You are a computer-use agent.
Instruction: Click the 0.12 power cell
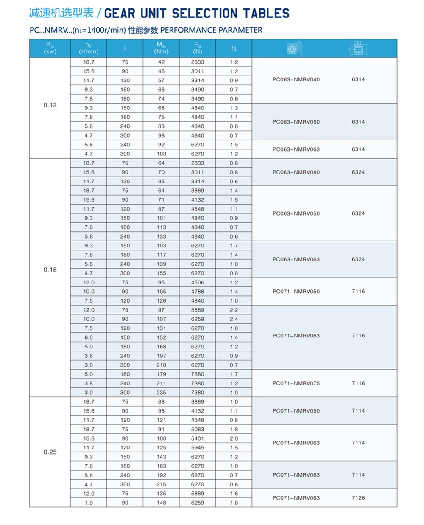[50, 105]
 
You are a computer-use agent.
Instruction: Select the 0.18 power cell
[50, 270]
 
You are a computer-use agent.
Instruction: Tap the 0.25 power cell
[50, 452]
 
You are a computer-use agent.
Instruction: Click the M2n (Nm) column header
[161, 48]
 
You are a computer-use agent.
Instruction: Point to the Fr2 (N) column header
[198, 48]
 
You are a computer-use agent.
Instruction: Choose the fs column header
[234, 48]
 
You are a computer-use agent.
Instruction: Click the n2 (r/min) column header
[89, 48]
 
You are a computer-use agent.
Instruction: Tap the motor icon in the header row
[358, 48]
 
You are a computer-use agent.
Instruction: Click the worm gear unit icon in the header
[294, 48]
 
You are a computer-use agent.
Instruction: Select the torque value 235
[161, 393]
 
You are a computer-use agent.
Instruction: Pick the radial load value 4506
[198, 282]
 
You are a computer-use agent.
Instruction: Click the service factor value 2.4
[234, 319]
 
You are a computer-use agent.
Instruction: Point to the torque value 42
[161, 62]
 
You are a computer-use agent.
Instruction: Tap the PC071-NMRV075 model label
[296, 383]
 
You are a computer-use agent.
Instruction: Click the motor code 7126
[358, 498]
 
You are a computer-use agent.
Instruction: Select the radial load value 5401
[198, 438]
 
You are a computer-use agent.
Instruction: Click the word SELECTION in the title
[205, 14]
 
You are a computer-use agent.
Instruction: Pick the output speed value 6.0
[89, 337]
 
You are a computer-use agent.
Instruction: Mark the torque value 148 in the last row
[161, 503]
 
